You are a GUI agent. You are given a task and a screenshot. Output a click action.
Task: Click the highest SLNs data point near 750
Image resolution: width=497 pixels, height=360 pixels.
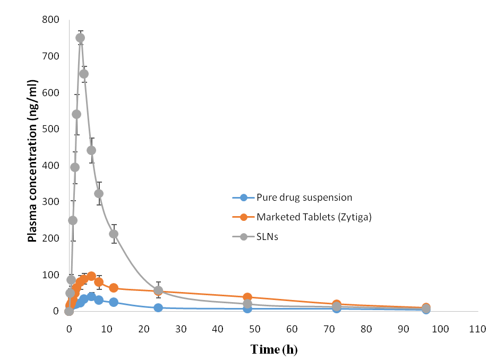pos(80,38)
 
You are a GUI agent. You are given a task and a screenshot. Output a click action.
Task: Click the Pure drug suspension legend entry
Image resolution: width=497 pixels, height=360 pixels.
pos(304,198)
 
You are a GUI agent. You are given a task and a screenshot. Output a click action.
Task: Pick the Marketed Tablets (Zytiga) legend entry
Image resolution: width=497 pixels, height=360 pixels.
pos(313,217)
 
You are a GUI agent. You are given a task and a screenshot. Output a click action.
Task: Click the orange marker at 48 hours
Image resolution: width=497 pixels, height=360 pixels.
pos(247,297)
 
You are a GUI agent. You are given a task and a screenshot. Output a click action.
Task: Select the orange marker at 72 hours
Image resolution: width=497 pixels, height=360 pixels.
pos(337,304)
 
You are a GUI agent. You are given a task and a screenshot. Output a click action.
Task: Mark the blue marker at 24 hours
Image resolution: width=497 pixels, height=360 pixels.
pos(158,308)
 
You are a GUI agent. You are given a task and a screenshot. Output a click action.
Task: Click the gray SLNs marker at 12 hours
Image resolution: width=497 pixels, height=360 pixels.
pos(114,234)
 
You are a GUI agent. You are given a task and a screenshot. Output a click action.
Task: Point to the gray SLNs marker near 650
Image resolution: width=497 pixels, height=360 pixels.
pos(84,74)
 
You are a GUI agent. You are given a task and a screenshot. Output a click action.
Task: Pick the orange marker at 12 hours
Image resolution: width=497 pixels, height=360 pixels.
pos(114,288)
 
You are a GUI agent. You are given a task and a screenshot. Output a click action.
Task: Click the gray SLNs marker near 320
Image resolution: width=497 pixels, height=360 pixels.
pos(99,193)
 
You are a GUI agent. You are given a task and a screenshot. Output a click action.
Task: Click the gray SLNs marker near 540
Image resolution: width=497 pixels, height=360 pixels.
pos(76,114)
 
